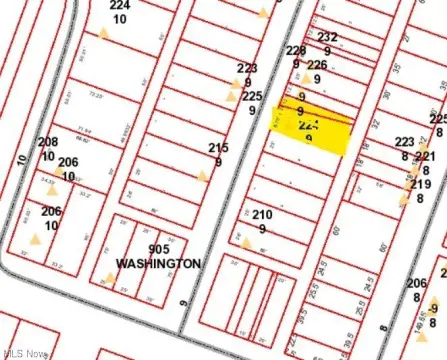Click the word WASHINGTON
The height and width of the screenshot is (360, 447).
[158, 263]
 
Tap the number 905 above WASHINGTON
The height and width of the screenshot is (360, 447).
[158, 250]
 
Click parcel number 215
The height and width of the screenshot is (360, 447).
[218, 148]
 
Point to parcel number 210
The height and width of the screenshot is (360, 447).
[262, 215]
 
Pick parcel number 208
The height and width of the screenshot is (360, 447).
[48, 142]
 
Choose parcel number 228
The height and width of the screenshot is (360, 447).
[296, 50]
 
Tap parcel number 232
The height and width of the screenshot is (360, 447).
[327, 37]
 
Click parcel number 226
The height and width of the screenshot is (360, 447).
[317, 65]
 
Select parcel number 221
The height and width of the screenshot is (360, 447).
[425, 157]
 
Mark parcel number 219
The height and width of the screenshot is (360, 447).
[420, 184]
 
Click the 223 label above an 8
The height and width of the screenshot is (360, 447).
[405, 142]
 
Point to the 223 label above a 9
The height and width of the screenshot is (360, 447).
[247, 68]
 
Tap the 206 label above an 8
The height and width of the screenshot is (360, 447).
[417, 283]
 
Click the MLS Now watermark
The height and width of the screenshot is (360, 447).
[24, 353]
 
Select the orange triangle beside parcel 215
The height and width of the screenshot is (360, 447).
[203, 176]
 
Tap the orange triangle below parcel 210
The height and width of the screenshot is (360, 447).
[246, 241]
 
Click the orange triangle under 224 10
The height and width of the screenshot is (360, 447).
[103, 33]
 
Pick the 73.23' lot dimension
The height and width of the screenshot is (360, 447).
[95, 95]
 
